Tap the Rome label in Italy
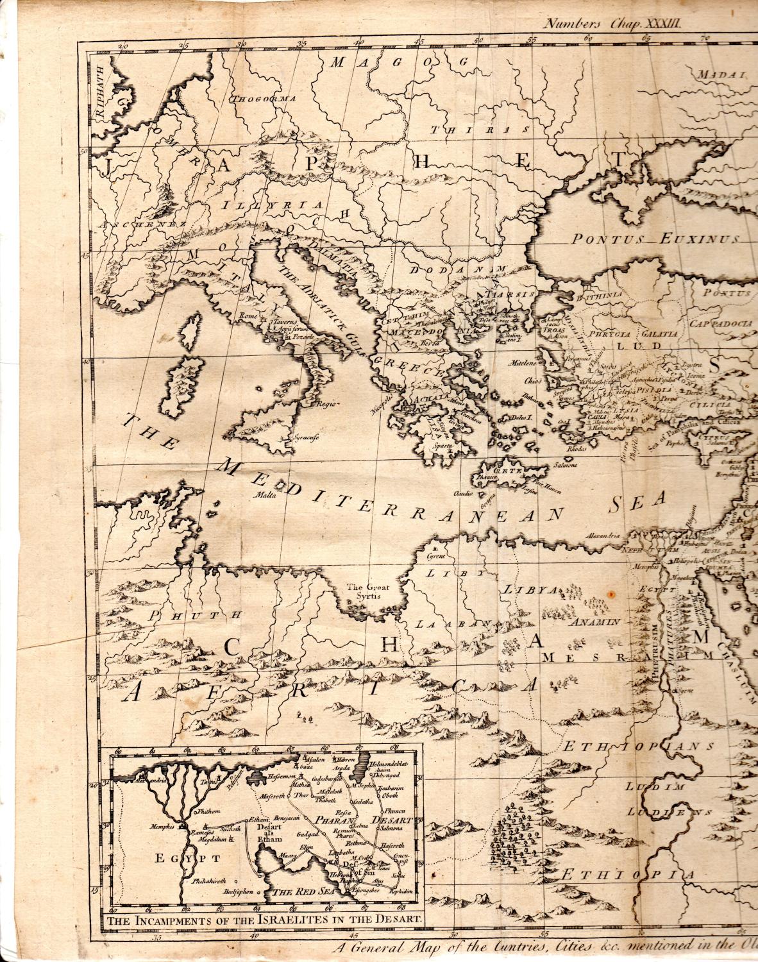[247, 316]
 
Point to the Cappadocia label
[721, 324]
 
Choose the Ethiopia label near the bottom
[628, 876]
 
